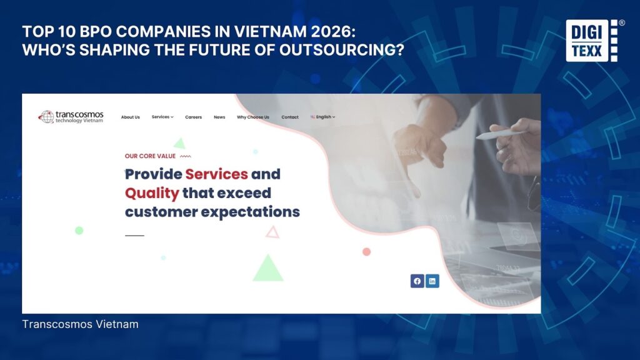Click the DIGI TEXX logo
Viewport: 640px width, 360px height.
(x=592, y=41)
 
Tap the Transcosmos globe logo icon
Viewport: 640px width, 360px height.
(x=46, y=117)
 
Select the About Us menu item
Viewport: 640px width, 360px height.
(x=130, y=117)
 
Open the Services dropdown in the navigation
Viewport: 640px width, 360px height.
(x=162, y=117)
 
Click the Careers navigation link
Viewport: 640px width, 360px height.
(x=194, y=117)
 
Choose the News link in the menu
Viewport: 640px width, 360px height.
(x=219, y=117)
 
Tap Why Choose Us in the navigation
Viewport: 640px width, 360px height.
(x=253, y=117)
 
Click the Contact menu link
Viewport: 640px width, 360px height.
(x=290, y=117)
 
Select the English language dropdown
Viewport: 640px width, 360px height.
(x=323, y=117)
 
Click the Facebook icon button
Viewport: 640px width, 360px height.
(x=417, y=281)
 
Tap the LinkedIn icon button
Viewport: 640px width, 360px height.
(x=432, y=281)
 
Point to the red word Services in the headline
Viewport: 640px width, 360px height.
(x=216, y=174)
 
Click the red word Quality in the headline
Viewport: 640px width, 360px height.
(x=152, y=193)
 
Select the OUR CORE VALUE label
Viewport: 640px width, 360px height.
(x=150, y=156)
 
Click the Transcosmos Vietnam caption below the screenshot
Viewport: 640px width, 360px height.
(x=80, y=324)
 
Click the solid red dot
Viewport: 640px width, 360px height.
(x=366, y=252)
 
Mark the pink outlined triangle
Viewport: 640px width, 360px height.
(x=272, y=232)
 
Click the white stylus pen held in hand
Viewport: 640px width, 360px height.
(x=500, y=134)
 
